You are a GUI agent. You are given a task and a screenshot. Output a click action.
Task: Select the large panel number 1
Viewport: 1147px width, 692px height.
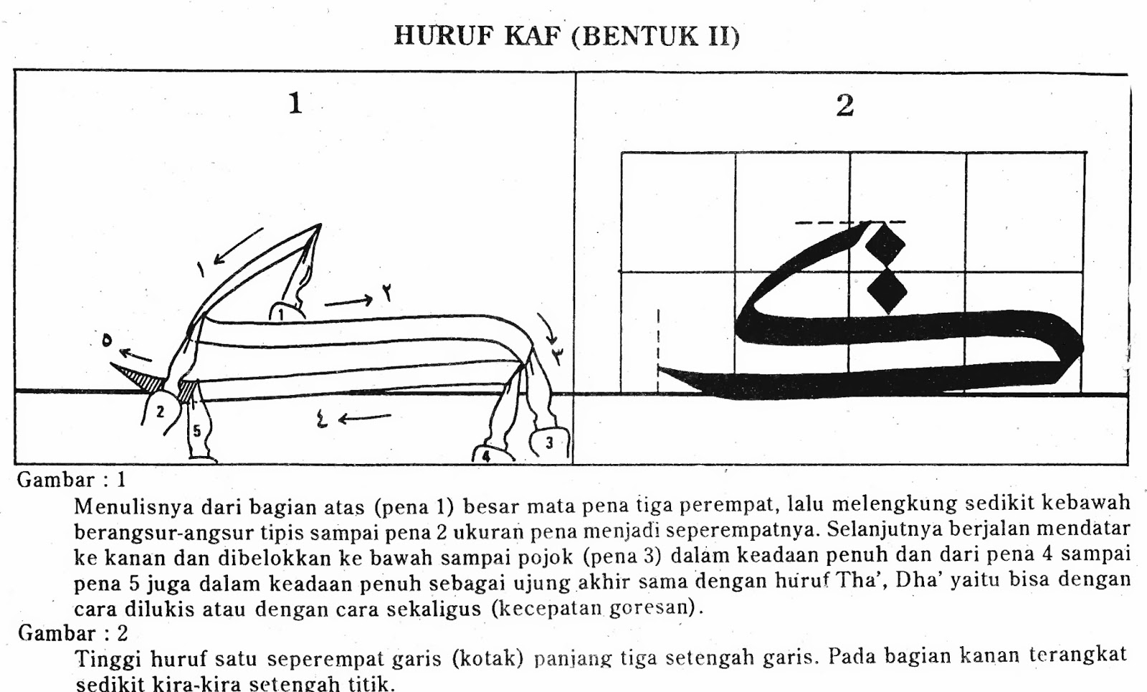(x=295, y=103)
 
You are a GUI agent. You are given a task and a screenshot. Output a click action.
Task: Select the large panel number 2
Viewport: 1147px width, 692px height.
(x=845, y=105)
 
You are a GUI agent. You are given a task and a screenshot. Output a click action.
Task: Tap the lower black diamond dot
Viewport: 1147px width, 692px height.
(x=887, y=290)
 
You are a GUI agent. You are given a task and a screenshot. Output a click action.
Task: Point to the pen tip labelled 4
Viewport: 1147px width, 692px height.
(x=487, y=454)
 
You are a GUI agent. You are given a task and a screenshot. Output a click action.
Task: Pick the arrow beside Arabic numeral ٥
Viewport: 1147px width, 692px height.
(x=135, y=354)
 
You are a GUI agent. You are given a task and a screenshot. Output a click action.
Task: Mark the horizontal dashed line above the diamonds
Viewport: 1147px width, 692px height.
(x=850, y=223)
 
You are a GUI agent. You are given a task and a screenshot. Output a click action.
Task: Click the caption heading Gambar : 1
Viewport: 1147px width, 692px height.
(x=72, y=480)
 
